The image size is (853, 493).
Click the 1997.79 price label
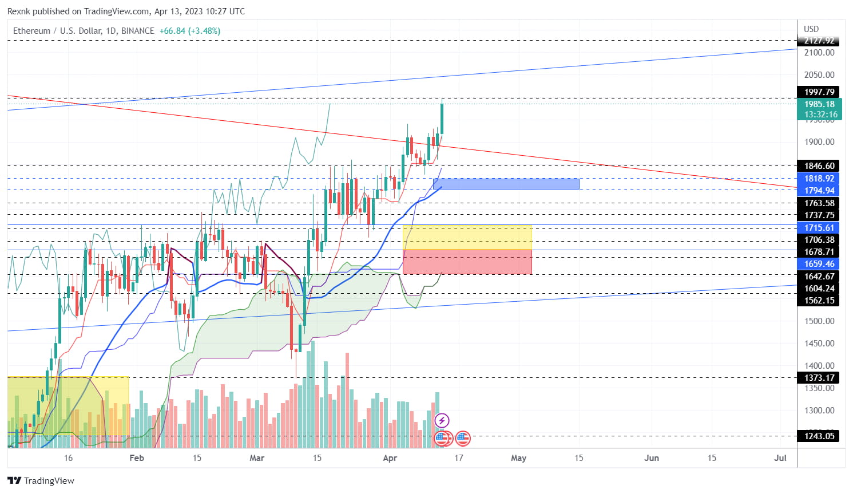pyautogui.click(x=819, y=92)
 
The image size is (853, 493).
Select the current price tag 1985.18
pyautogui.click(x=819, y=104)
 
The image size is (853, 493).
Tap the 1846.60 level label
pyautogui.click(x=819, y=166)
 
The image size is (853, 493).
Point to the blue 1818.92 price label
pyautogui.click(x=819, y=179)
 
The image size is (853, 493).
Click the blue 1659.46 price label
pyautogui.click(x=819, y=264)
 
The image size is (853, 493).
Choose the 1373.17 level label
pyautogui.click(x=819, y=378)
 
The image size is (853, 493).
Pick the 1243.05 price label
pyautogui.click(x=819, y=436)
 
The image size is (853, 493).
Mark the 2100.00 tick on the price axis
pyautogui.click(x=819, y=53)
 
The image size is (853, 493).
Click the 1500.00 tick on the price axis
pyautogui.click(x=819, y=321)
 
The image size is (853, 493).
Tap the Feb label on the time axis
pyautogui.click(x=137, y=458)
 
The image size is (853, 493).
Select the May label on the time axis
pyautogui.click(x=518, y=458)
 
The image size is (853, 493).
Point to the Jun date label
pyautogui.click(x=652, y=458)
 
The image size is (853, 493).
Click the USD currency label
pyautogui.click(x=811, y=29)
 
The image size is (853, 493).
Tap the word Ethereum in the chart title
pyautogui.click(x=32, y=31)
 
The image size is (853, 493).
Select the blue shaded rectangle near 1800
pyautogui.click(x=506, y=184)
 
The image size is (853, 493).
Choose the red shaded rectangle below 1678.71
pyautogui.click(x=467, y=262)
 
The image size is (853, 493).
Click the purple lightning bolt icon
pyautogui.click(x=442, y=421)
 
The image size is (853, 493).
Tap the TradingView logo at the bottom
pyautogui.click(x=41, y=480)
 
